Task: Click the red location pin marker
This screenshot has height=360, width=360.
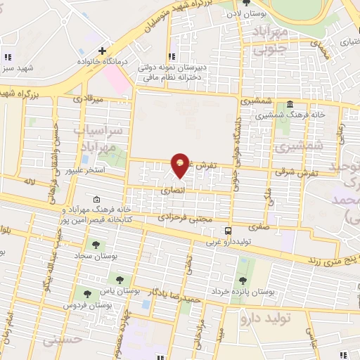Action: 181,165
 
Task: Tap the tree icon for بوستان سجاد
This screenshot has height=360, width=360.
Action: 96,245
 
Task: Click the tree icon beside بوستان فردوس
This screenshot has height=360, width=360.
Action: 87,295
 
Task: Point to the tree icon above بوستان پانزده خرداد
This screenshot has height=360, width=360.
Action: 243,281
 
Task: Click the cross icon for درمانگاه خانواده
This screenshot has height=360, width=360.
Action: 103,51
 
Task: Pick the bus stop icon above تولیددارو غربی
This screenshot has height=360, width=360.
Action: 228,231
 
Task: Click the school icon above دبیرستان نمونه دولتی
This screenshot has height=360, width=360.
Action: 171,56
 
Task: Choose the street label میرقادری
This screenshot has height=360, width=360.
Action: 89,99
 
